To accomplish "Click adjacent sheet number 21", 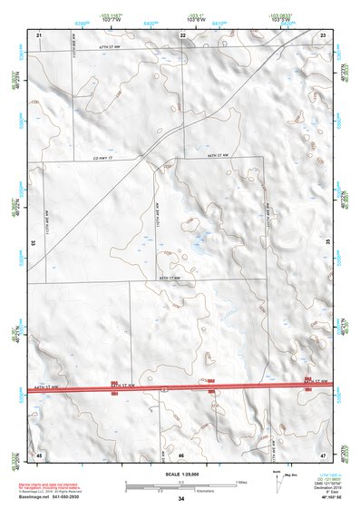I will pyautogui.click(x=39, y=34).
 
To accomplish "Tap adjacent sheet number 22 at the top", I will pyautogui.click(x=182, y=34).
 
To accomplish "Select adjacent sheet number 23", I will pyautogui.click(x=323, y=34).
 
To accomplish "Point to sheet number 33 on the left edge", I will pyautogui.click(x=34, y=243).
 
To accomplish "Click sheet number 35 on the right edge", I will pyautogui.click(x=327, y=243).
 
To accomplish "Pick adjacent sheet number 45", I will pyautogui.click(x=39, y=453).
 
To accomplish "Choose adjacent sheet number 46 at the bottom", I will pyautogui.click(x=181, y=453).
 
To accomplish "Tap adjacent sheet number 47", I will pyautogui.click(x=323, y=453).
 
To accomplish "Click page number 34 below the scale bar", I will pyautogui.click(x=181, y=499).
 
